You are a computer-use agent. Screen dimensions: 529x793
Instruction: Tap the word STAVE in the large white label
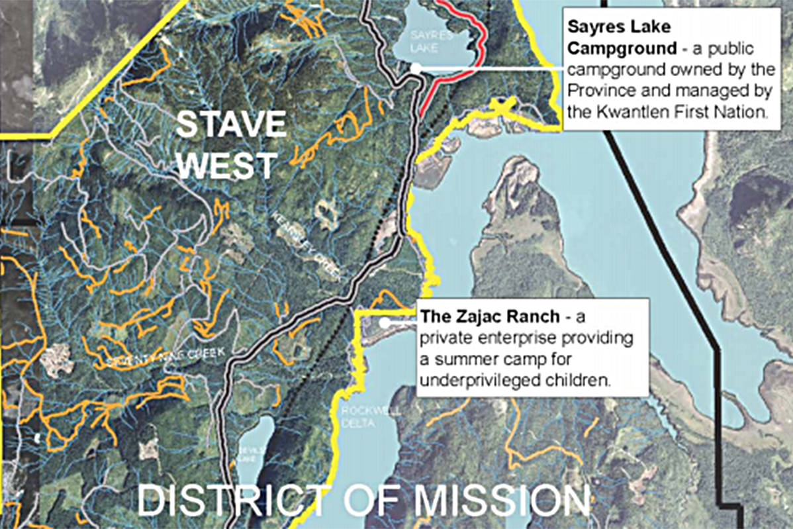231,125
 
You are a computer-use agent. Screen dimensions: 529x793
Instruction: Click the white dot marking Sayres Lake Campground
415,67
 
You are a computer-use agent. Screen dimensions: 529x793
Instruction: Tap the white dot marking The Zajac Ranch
385,322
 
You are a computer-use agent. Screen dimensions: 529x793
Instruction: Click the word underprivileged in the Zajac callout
473,381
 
